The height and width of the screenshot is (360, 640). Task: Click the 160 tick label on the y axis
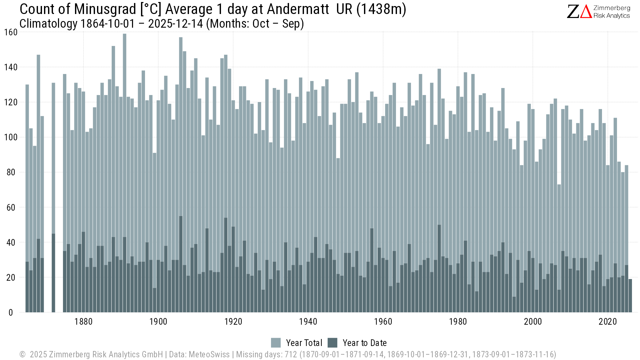coord(11,32)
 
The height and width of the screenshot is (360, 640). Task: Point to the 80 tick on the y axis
coord(11,172)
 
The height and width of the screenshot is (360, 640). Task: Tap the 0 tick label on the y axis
coord(11,313)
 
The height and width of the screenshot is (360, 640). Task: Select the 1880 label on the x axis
coord(83,322)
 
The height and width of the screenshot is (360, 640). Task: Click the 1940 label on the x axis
coord(308,322)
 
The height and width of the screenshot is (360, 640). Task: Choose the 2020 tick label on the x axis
coord(608,322)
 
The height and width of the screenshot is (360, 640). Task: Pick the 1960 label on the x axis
coord(383,322)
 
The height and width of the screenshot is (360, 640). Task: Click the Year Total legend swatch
coord(276,343)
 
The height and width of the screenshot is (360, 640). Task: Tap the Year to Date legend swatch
coord(332,343)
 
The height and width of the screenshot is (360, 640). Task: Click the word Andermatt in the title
coord(298,9)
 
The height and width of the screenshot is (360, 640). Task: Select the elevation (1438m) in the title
coord(381,9)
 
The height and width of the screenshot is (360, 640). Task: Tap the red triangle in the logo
coord(586,12)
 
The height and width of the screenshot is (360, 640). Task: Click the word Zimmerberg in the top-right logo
coord(612,8)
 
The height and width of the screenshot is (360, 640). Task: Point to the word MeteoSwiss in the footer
coord(209,354)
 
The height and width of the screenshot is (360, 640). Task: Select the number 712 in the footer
coord(291,354)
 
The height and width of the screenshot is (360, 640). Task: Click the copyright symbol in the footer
coord(22,354)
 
